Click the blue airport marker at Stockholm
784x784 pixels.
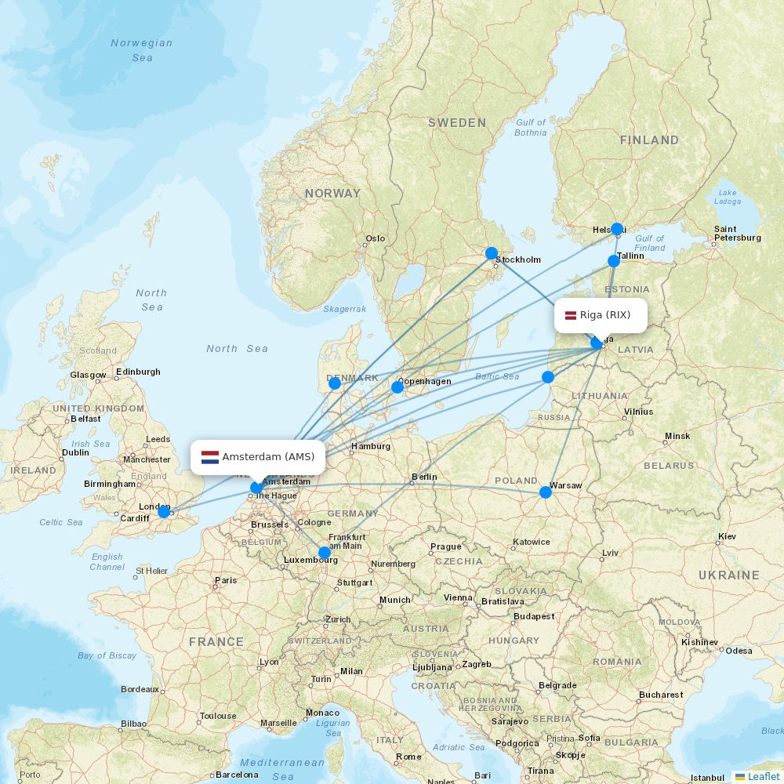(x=491, y=253)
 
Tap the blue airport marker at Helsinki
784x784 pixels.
(x=617, y=229)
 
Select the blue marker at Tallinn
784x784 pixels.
(x=614, y=261)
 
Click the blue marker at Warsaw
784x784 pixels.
(x=546, y=492)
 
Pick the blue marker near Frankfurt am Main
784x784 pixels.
(x=325, y=553)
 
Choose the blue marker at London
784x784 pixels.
(x=163, y=512)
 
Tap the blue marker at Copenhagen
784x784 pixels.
(x=397, y=387)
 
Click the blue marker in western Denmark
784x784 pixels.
(x=335, y=383)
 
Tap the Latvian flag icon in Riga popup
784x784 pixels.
(x=570, y=315)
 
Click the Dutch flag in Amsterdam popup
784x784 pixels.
(x=209, y=457)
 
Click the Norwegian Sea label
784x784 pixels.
(x=142, y=50)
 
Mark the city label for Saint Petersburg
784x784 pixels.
(x=737, y=233)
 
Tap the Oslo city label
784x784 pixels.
(x=376, y=239)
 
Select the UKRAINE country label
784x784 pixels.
(x=729, y=575)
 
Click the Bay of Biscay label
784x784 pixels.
(x=107, y=655)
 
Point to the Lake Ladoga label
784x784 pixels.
(x=727, y=197)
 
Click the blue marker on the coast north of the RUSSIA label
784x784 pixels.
(x=548, y=377)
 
